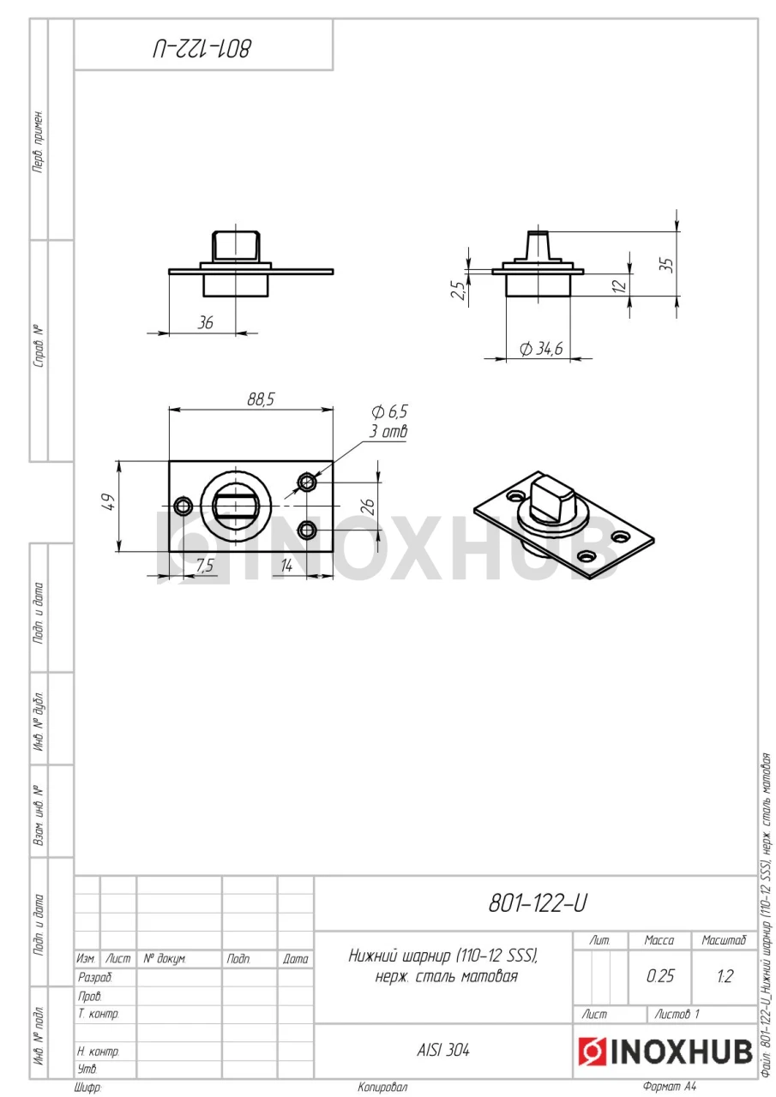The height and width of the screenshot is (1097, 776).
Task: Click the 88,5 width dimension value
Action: tap(261, 399)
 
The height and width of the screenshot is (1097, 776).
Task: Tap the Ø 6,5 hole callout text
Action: tap(389, 412)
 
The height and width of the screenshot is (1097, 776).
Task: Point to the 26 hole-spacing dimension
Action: tap(370, 507)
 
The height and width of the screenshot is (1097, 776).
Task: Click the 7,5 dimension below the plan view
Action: tap(205, 566)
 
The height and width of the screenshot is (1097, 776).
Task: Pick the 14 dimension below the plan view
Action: tap(286, 566)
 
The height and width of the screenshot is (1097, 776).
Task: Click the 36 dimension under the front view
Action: tap(205, 323)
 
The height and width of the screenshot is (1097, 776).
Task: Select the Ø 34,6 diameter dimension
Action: tap(541, 349)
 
